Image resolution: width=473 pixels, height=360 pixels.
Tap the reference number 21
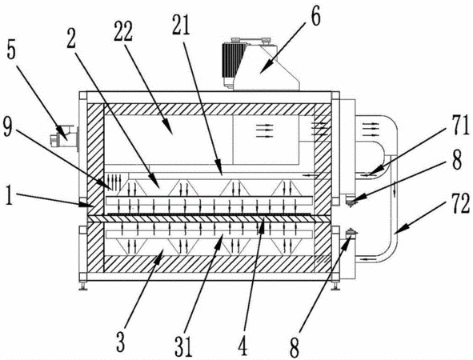[181, 24]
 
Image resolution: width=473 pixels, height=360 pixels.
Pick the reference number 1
[9, 194]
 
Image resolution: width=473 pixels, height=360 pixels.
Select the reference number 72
[460, 203]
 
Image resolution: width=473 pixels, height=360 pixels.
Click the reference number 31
[183, 346]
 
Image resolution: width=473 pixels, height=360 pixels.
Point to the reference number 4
[243, 346]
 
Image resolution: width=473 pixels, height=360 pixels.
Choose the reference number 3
[120, 342]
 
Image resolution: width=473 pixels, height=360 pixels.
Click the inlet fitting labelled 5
[64, 137]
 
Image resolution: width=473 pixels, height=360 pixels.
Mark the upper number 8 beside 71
[457, 160]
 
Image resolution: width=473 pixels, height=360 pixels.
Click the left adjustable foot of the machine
[82, 286]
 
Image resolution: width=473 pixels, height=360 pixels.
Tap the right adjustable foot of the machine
[335, 286]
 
